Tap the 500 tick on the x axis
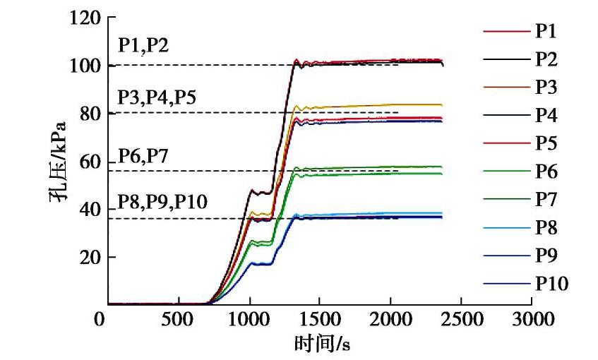click(178, 320)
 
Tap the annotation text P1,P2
click(143, 46)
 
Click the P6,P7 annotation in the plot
click(143, 155)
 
